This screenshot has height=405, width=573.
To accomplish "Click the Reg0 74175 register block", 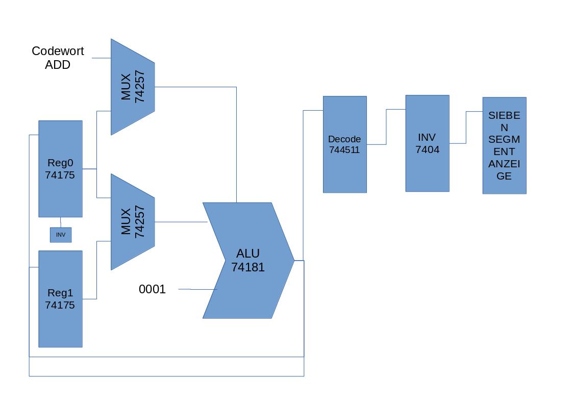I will [60, 169].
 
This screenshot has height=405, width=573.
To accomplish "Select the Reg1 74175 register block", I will [60, 299].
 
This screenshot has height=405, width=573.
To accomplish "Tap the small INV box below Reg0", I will [61, 235].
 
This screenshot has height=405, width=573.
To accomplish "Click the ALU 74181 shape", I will [248, 260].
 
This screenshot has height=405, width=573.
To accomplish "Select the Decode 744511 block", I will [344, 144].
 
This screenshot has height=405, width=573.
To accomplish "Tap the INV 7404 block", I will [427, 143].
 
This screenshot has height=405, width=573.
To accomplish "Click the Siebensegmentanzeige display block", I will [504, 145].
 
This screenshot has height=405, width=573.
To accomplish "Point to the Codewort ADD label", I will [58, 58].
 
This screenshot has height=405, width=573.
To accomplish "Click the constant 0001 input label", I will [152, 289].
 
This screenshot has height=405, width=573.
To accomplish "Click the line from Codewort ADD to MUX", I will [102, 58].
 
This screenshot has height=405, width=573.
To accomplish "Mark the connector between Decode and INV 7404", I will [386, 127].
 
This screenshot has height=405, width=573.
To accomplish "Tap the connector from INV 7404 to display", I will [466, 128].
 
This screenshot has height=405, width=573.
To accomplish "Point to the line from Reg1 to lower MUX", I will [96, 270].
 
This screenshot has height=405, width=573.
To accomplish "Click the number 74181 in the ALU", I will [248, 267].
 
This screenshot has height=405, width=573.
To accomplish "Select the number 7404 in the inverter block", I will [427, 149].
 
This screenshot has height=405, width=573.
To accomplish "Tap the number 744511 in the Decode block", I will [344, 150].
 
